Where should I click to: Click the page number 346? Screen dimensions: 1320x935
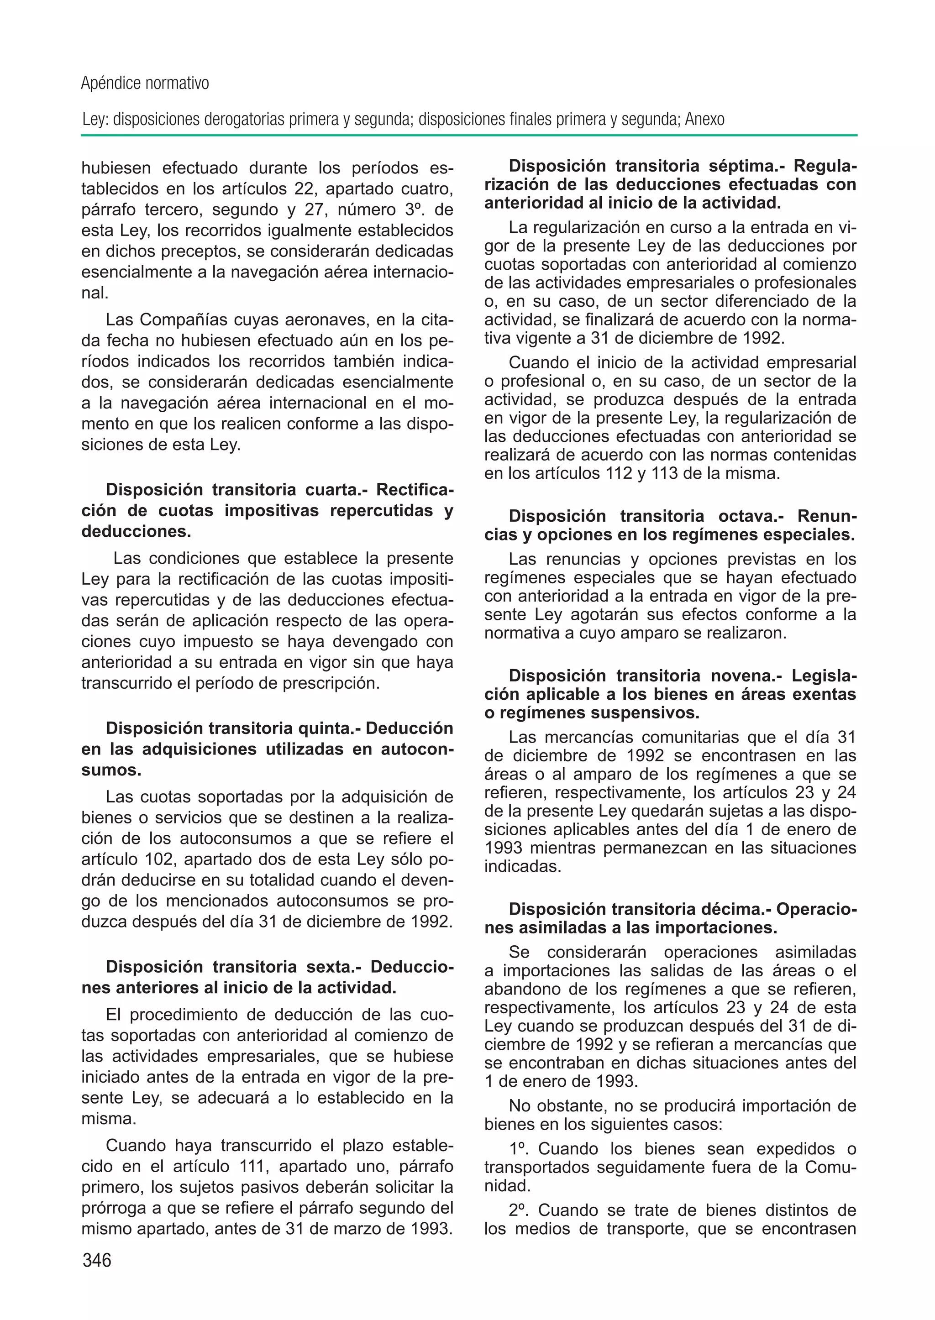pos(97,1260)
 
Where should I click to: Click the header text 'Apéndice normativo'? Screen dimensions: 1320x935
pos(145,84)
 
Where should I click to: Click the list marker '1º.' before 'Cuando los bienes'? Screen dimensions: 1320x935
pos(520,1149)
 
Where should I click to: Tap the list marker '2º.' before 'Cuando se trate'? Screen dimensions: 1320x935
pos(520,1210)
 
